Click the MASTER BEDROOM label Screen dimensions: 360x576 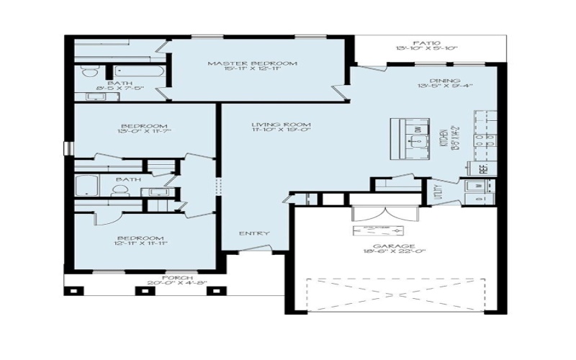(253, 64)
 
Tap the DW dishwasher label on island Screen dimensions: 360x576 (416, 129)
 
